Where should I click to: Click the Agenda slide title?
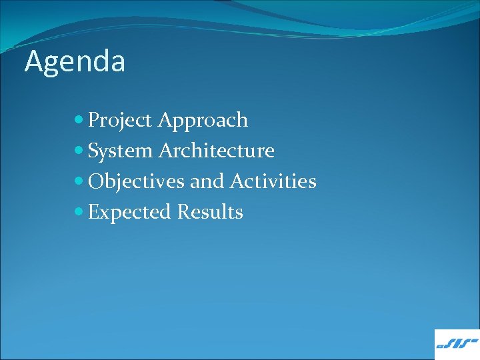pyautogui.click(x=75, y=62)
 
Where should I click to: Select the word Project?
pyautogui.click(x=121, y=121)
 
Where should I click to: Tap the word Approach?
pyautogui.click(x=203, y=121)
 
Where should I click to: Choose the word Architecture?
pyautogui.click(x=217, y=151)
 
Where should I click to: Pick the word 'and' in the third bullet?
pyautogui.click(x=207, y=181)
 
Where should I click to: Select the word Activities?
pyautogui.click(x=273, y=181)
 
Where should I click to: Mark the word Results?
pyautogui.click(x=210, y=212)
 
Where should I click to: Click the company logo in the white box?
pyautogui.click(x=457, y=344)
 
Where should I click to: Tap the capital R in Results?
pyautogui.click(x=184, y=212)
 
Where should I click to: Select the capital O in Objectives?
pyautogui.click(x=96, y=181)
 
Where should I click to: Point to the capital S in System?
pyautogui.click(x=94, y=151)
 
